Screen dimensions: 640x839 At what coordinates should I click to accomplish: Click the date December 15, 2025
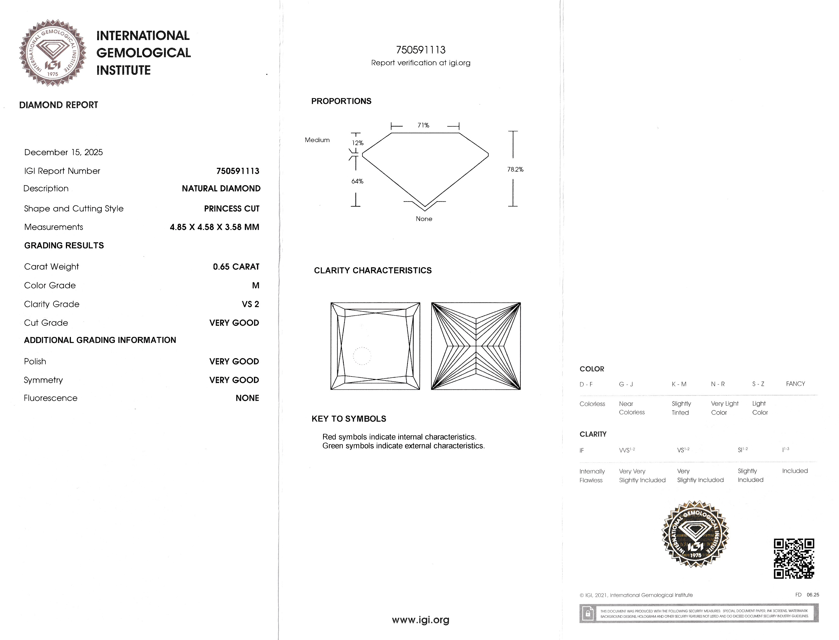click(x=63, y=152)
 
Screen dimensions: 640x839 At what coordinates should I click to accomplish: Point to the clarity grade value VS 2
click(x=250, y=304)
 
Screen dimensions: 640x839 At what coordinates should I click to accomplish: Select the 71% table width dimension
click(x=423, y=125)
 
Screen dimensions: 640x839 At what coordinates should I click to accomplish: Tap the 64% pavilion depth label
click(x=357, y=181)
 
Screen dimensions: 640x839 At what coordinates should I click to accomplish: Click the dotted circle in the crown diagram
click(x=362, y=356)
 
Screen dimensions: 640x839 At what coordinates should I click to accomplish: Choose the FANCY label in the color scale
click(x=795, y=384)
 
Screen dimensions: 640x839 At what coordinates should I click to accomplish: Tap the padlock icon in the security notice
click(x=588, y=613)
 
